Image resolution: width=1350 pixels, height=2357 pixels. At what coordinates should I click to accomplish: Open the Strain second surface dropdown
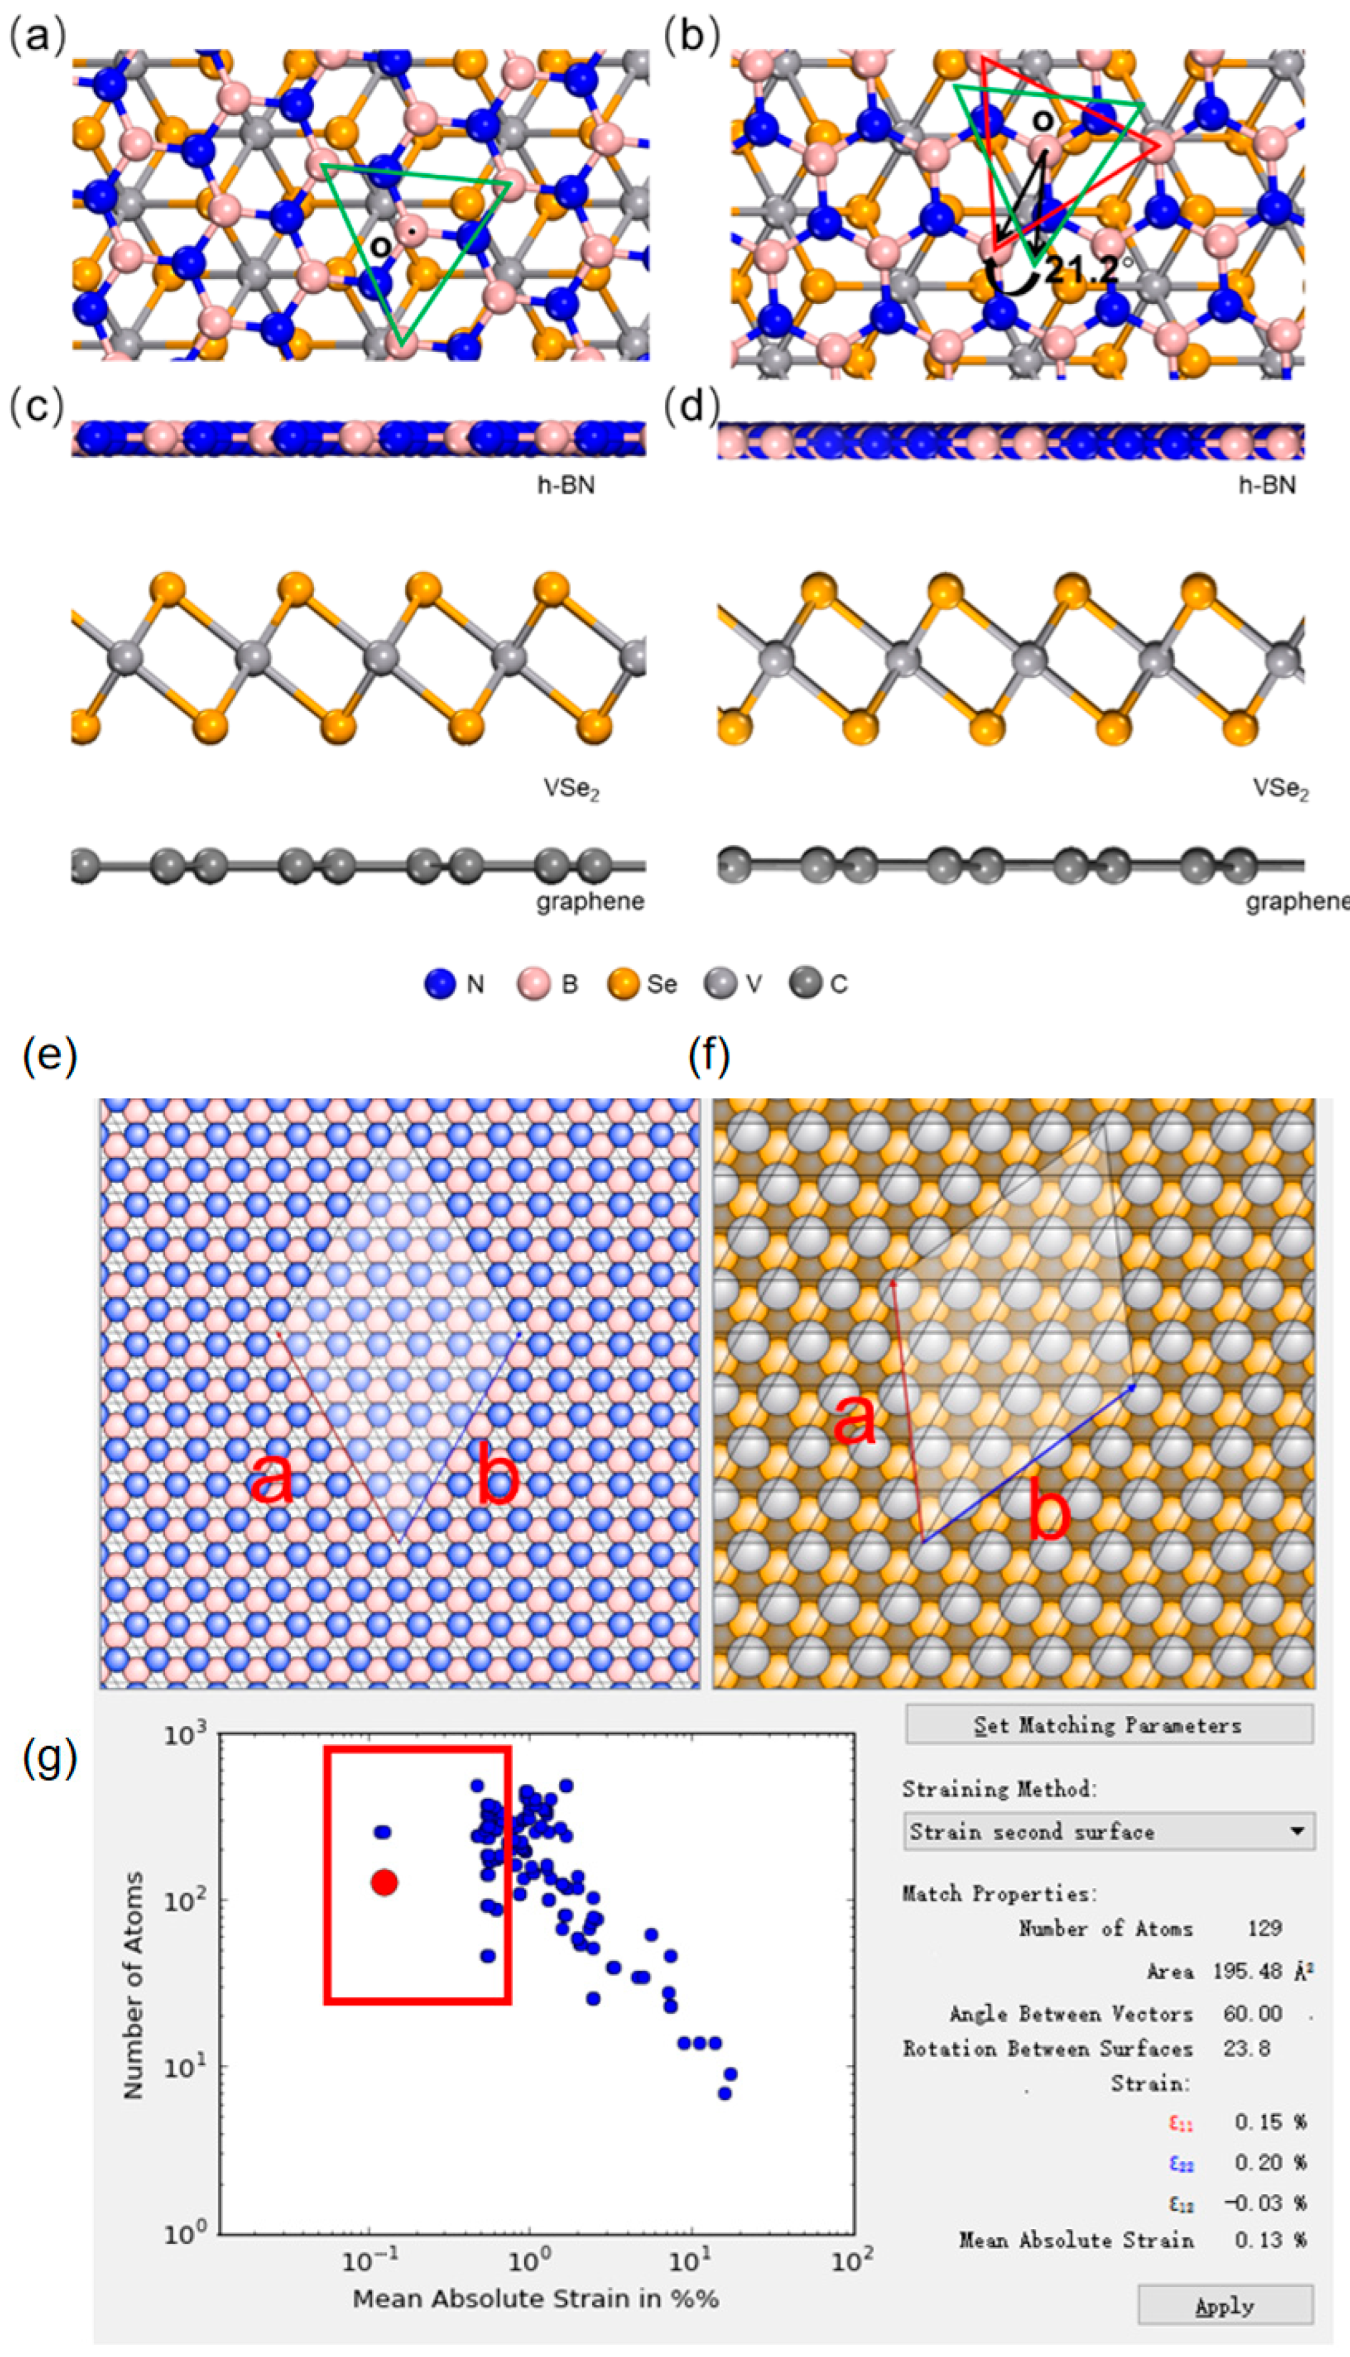(x=1109, y=1831)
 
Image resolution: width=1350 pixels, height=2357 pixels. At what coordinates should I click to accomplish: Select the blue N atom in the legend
(x=440, y=984)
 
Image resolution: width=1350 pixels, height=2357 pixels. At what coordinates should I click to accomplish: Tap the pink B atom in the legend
(x=533, y=984)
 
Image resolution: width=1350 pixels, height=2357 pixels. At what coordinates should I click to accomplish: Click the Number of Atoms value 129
(x=1264, y=1928)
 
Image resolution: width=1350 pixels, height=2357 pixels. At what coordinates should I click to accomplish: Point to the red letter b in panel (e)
(x=498, y=1476)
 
